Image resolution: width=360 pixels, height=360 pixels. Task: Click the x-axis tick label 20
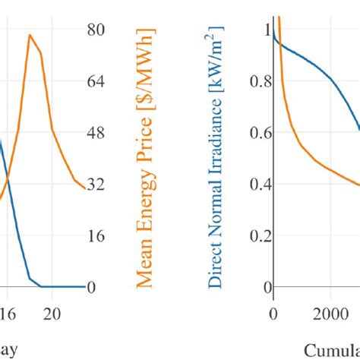tap(52, 313)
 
